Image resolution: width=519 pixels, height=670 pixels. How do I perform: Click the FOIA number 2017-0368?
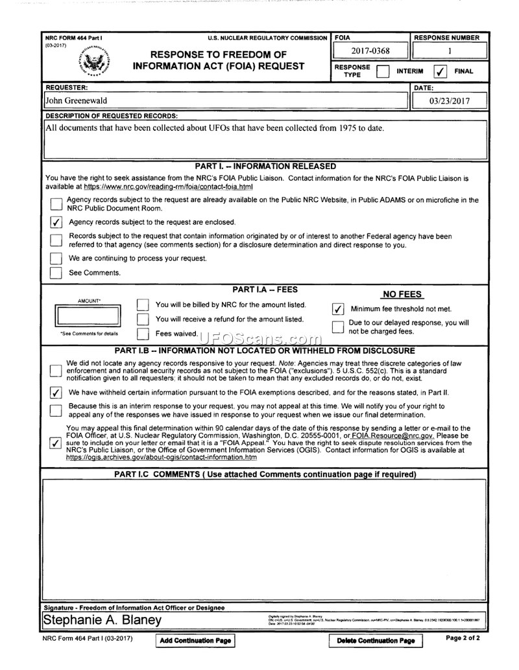(x=370, y=51)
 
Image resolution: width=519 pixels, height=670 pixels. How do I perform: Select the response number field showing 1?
(x=449, y=51)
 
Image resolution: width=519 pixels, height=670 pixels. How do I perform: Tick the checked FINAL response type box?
(x=440, y=71)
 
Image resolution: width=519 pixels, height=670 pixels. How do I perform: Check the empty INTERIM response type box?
(x=383, y=71)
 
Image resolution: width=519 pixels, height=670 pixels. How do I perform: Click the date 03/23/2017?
(x=449, y=100)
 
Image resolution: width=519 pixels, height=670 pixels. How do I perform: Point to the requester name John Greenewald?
(x=77, y=100)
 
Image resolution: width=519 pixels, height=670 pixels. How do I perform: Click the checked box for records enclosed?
(x=56, y=222)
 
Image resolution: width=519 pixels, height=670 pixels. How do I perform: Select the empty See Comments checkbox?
(x=56, y=273)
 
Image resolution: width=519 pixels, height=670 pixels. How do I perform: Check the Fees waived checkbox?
(x=143, y=334)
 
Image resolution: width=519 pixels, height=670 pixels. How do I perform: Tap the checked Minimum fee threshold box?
(x=337, y=309)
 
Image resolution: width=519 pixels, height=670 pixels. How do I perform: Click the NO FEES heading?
(x=402, y=294)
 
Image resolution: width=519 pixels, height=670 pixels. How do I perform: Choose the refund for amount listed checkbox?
(x=143, y=319)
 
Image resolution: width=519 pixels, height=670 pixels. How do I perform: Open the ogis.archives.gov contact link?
(x=162, y=457)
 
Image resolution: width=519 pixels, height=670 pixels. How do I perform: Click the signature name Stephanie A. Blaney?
(x=103, y=620)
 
